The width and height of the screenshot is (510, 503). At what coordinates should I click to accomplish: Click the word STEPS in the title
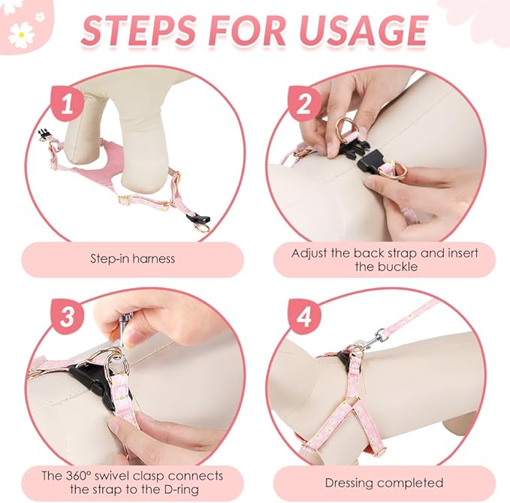[139, 31]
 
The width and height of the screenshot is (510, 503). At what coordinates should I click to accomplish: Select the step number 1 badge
[67, 104]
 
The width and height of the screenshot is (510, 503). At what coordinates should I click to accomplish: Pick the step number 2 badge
[304, 104]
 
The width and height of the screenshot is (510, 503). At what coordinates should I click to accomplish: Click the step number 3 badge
[67, 316]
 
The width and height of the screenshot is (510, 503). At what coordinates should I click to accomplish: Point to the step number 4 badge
[304, 316]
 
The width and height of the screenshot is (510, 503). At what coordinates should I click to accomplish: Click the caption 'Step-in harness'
[132, 259]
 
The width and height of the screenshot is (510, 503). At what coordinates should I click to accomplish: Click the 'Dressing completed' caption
[384, 483]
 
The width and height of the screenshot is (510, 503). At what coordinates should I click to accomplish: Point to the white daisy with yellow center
[21, 35]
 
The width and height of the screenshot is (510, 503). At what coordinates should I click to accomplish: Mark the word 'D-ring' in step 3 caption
[180, 489]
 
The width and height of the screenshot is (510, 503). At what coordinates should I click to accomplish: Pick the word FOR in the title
[246, 31]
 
